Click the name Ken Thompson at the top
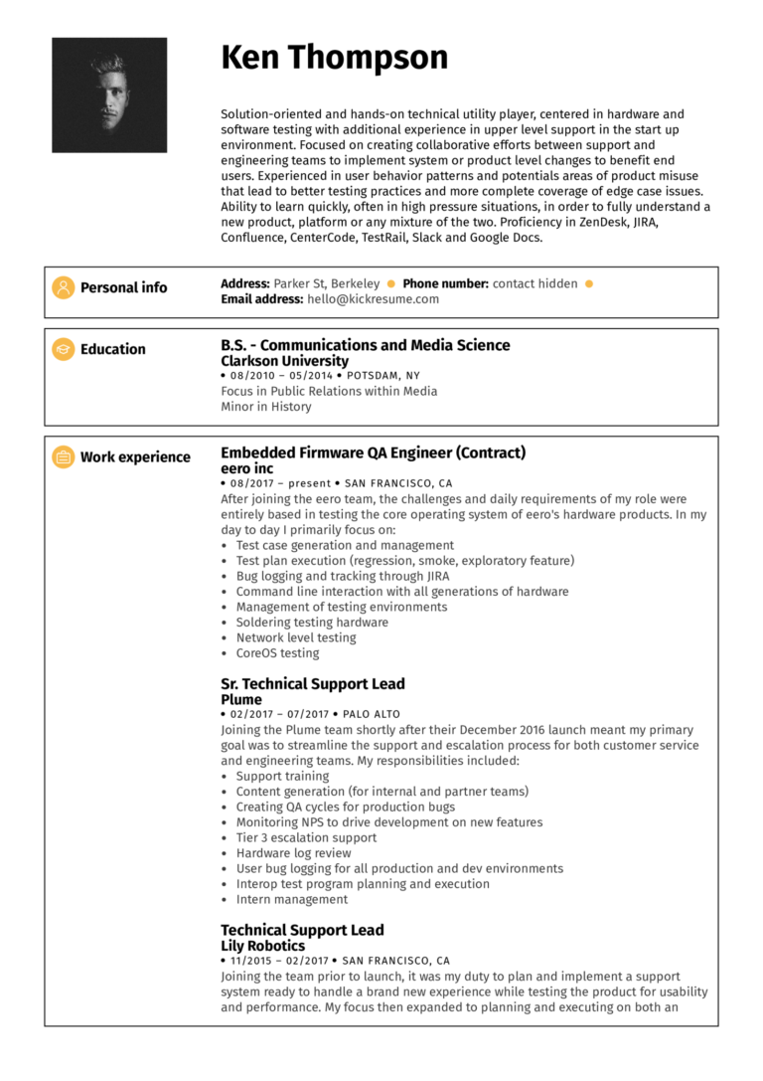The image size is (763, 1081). pos(334,58)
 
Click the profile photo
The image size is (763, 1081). pos(109,95)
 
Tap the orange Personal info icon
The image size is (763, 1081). pos(64,287)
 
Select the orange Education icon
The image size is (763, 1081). pos(64,349)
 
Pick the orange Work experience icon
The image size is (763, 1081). pos(64,457)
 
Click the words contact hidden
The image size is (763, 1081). pos(534,283)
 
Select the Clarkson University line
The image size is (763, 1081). pos(284,361)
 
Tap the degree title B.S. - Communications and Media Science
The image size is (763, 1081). pos(365,345)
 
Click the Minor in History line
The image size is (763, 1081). pos(265,407)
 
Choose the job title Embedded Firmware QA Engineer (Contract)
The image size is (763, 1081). pos(373,452)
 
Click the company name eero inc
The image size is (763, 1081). pos(246,468)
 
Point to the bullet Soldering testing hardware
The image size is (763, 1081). pos(312,623)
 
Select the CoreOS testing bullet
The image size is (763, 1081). pos(277,653)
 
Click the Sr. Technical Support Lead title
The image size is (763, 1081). pos(312,684)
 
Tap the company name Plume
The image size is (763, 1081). pos(240,700)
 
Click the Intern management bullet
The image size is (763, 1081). pos(291,900)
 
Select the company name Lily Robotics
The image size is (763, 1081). pos(262,947)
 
